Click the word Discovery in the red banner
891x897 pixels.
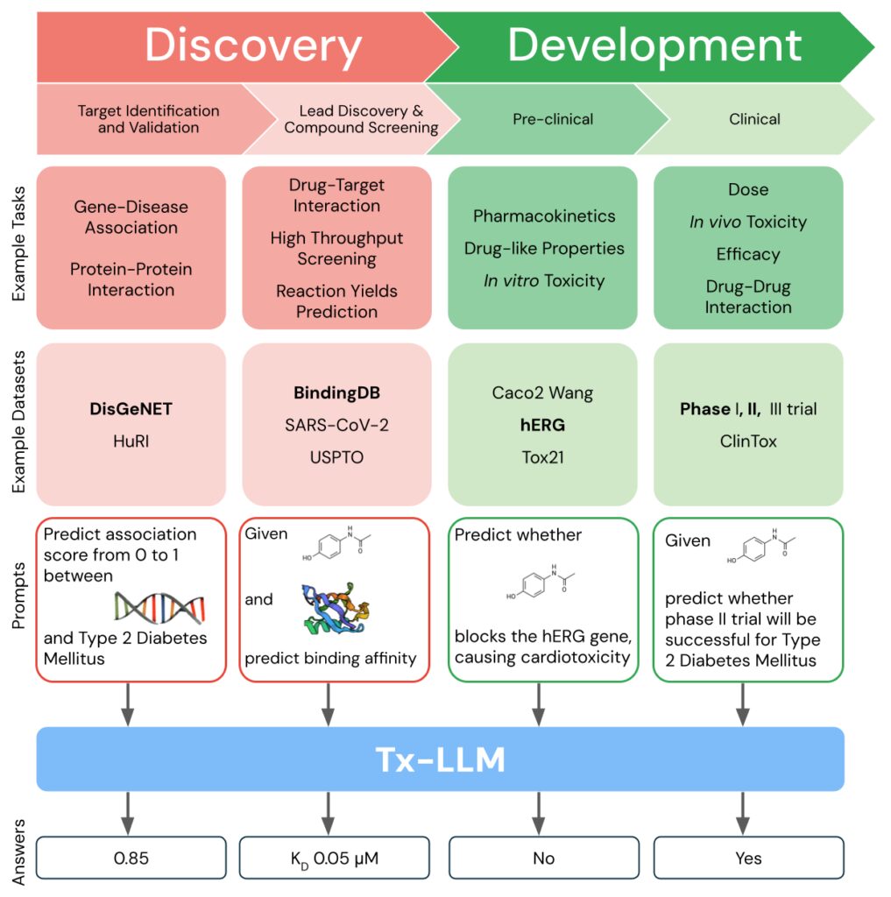pos(253,46)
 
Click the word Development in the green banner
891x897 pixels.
pos(654,46)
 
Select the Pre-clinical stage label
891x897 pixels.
pos(553,119)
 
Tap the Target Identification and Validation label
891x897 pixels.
pos(148,119)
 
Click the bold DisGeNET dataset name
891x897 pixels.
pos(131,408)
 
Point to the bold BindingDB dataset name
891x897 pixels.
pos(336,392)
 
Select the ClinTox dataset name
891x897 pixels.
pos(747,441)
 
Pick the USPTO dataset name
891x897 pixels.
pos(336,457)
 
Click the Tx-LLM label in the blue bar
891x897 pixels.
pos(440,759)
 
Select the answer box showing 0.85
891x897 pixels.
pos(131,858)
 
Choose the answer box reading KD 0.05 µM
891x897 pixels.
pos(334,858)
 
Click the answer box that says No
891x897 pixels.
pos(543,858)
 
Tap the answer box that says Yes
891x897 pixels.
pos(748,858)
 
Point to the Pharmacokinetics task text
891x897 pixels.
pos(544,216)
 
